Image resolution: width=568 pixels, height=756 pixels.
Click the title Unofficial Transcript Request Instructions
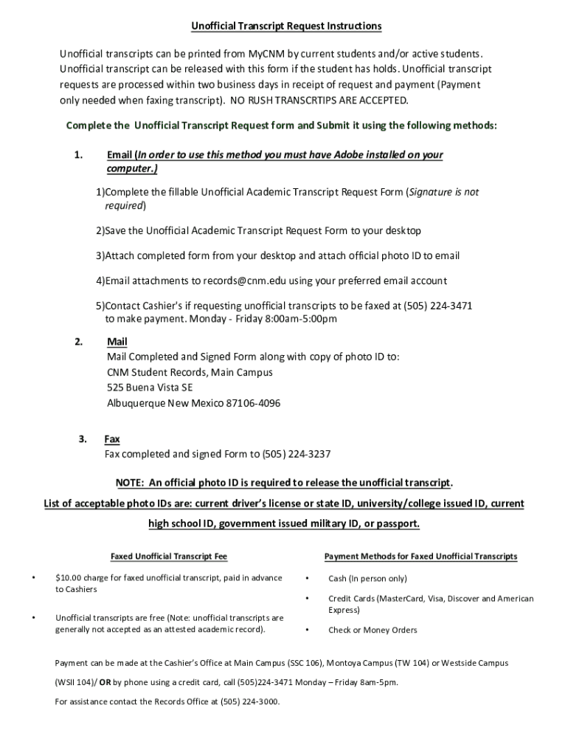click(287, 26)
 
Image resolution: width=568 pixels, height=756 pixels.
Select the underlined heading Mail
click(117, 342)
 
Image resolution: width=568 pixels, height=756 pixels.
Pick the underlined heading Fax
click(112, 439)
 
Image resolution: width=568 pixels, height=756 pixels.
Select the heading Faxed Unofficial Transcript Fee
click(169, 556)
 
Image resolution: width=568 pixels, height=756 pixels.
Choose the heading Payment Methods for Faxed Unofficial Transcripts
click(420, 556)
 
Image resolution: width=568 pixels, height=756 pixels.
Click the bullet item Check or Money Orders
click(373, 630)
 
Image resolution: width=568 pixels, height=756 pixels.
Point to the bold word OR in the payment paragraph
click(105, 682)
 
